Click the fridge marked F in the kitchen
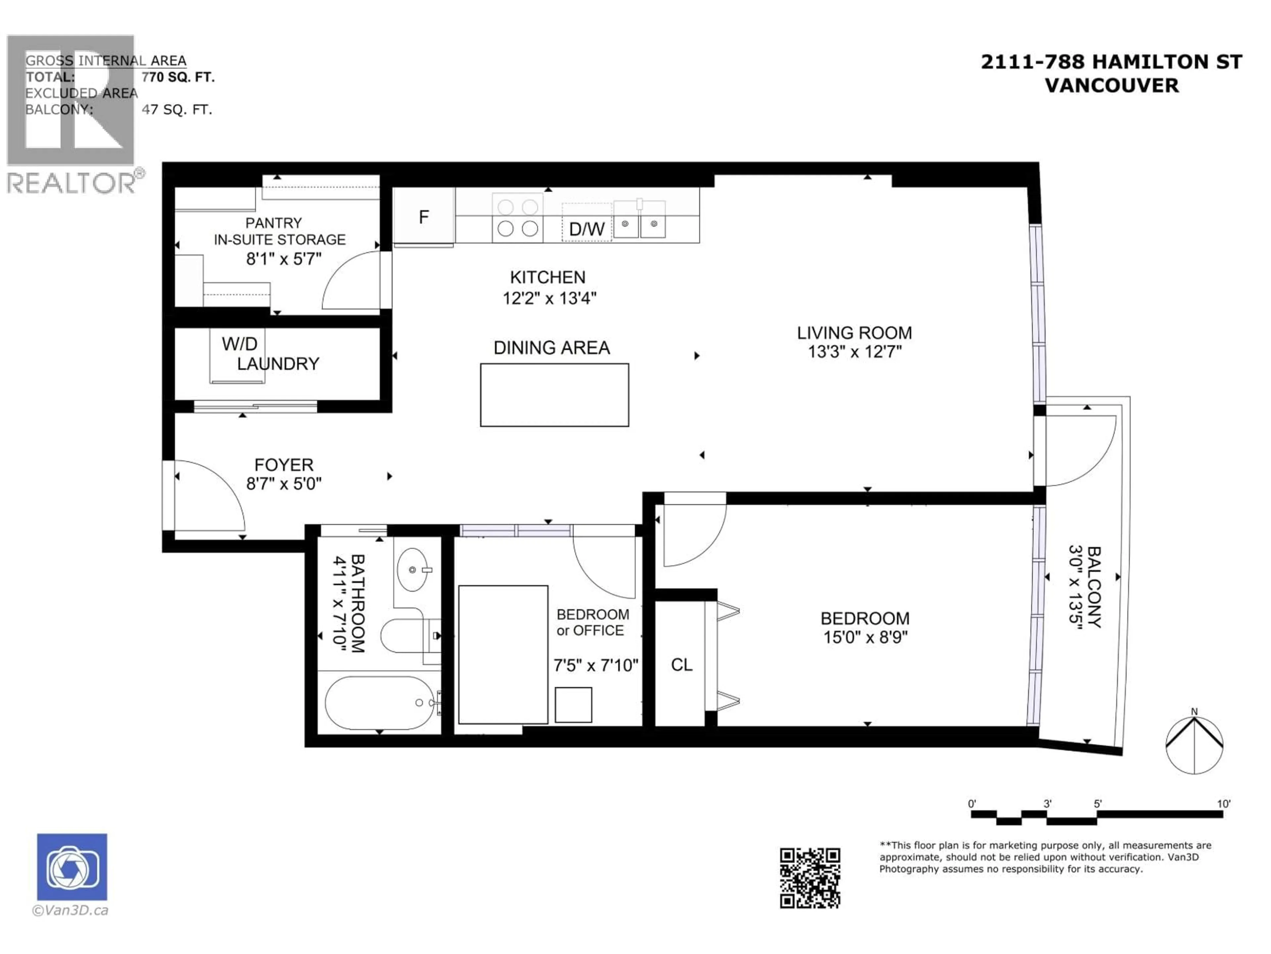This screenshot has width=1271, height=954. pyautogui.click(x=423, y=217)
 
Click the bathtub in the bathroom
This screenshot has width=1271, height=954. pyautogui.click(x=379, y=703)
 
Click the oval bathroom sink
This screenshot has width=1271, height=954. pyautogui.click(x=412, y=569)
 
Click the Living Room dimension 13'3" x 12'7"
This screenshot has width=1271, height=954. pyautogui.click(x=854, y=351)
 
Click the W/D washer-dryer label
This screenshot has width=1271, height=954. pyautogui.click(x=239, y=344)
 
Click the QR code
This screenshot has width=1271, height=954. pyautogui.click(x=810, y=878)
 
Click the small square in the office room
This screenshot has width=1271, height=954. pyautogui.click(x=573, y=705)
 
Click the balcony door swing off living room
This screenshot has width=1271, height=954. pyautogui.click(x=1077, y=451)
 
